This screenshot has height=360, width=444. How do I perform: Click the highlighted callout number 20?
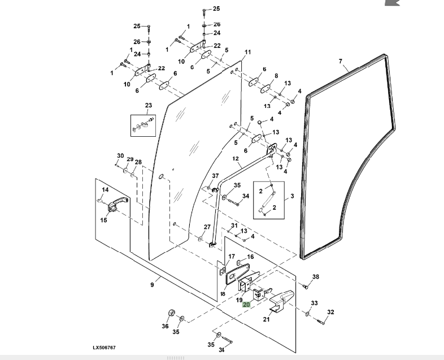pyautogui.click(x=246, y=304)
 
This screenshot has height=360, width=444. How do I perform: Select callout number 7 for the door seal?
pyautogui.click(x=341, y=61)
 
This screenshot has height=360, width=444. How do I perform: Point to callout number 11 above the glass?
pyautogui.click(x=247, y=53)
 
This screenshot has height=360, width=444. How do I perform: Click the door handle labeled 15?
pyautogui.click(x=116, y=205)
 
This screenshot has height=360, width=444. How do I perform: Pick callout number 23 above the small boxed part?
pyautogui.click(x=149, y=106)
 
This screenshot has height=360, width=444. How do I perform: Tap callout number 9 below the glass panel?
pyautogui.click(x=152, y=285)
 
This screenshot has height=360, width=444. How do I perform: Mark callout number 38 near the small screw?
pyautogui.click(x=316, y=276)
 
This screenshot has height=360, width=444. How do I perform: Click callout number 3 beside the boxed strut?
pyautogui.click(x=293, y=196)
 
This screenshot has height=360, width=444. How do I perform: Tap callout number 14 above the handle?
pyautogui.click(x=105, y=190)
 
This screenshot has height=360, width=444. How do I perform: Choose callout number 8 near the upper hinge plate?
pyautogui.click(x=276, y=76)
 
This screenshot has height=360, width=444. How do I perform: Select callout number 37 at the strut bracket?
pyautogui.click(x=215, y=176)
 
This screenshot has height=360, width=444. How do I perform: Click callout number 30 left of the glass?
pyautogui.click(x=120, y=156)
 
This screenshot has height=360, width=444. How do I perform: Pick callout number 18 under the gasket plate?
pyautogui.click(x=223, y=294)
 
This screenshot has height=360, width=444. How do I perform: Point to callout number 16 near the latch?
pyautogui.click(x=250, y=257)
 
